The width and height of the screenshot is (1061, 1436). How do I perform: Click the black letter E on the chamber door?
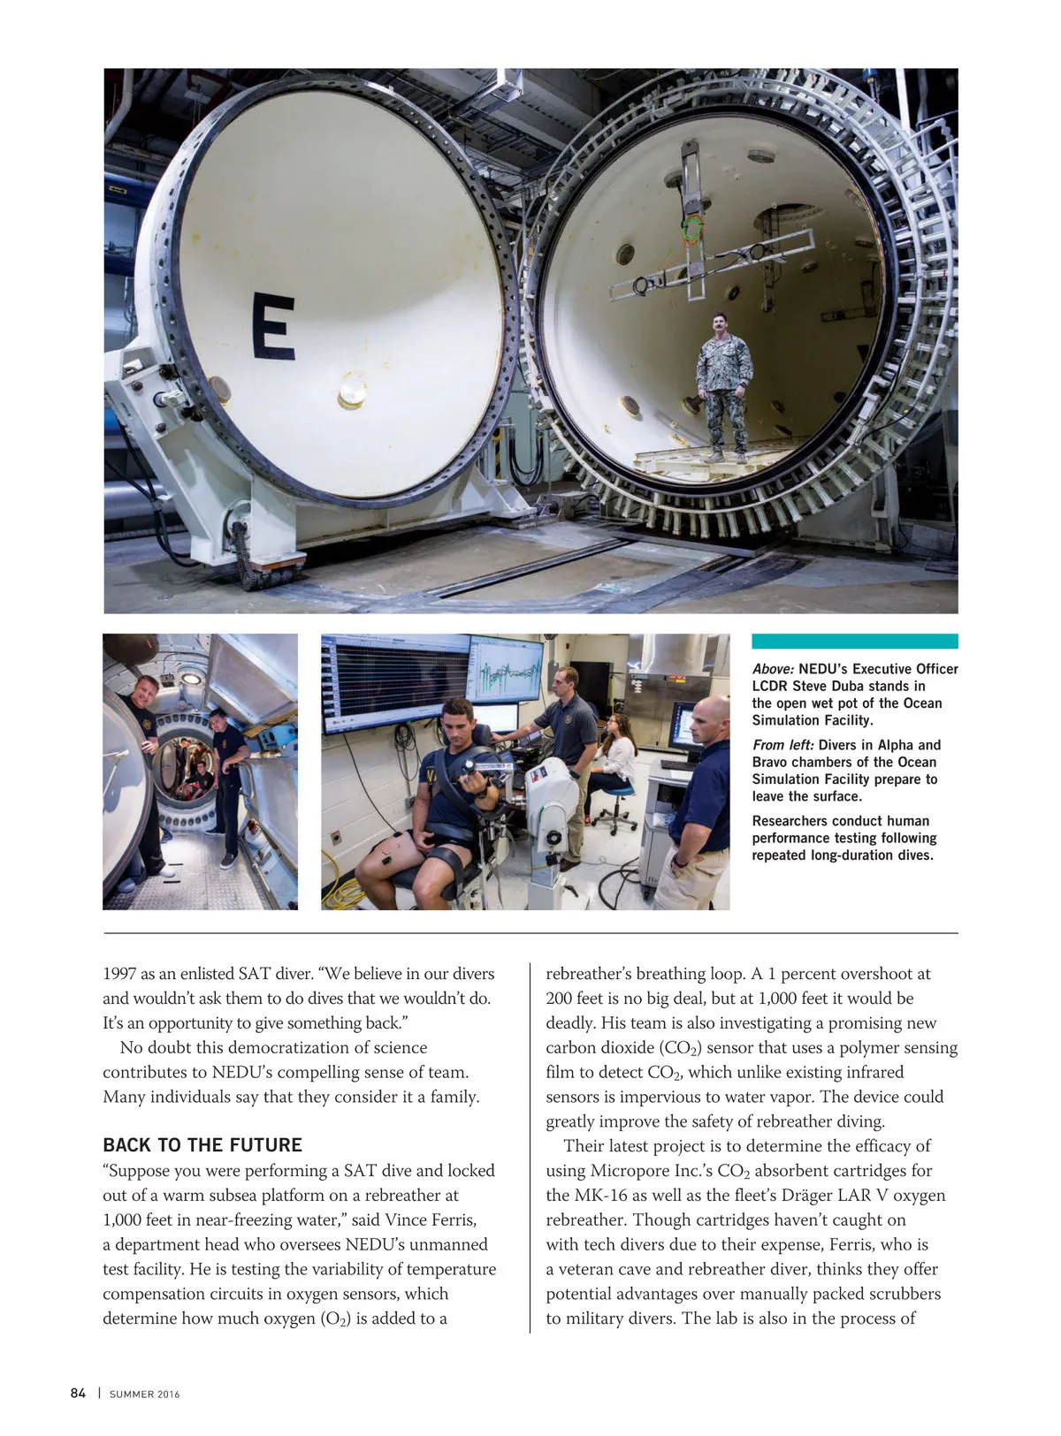273,326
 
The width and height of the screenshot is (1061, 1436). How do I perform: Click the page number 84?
78,1394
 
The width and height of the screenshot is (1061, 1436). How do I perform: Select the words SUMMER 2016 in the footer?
144,1394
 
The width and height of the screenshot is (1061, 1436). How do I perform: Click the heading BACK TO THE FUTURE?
202,1145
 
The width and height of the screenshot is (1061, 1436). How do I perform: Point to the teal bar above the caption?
854,642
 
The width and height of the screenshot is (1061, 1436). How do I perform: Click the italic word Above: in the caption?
773,669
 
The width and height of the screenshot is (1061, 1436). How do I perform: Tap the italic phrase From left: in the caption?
783,745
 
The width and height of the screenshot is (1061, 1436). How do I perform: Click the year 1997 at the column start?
119,974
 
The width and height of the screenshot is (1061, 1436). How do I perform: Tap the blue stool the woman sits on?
620,797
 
